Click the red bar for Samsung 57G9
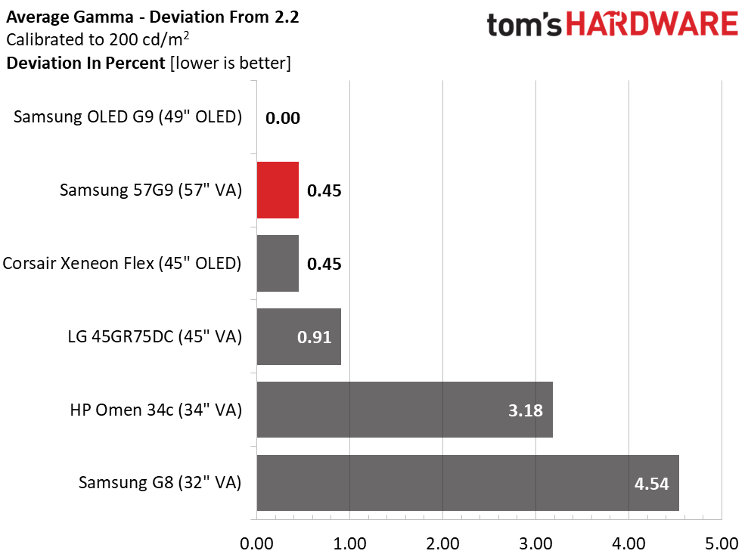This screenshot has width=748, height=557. [278, 190]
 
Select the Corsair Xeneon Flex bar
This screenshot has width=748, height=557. [278, 263]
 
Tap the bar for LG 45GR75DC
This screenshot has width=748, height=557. [299, 336]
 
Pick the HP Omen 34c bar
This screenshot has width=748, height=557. [405, 410]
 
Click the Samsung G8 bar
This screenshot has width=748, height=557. [468, 483]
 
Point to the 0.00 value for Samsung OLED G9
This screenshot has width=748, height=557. [283, 118]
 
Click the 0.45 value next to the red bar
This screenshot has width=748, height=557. [324, 190]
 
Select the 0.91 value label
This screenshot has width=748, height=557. [315, 337]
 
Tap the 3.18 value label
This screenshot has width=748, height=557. [526, 410]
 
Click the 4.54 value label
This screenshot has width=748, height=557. [652, 484]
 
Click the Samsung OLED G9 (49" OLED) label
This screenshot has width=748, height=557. [128, 117]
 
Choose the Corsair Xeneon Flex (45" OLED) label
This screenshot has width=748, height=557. [122, 263]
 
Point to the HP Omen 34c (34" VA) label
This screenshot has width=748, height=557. [156, 410]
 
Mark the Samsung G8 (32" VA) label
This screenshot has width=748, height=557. [160, 483]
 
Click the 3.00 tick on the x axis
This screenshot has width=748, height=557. [535, 543]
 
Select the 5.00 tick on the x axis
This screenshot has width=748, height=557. [722, 543]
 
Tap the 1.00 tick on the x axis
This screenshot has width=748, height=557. [349, 543]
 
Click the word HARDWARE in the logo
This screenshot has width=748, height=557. [652, 24]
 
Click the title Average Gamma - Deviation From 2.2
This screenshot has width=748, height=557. [153, 17]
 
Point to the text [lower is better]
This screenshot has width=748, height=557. [231, 63]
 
